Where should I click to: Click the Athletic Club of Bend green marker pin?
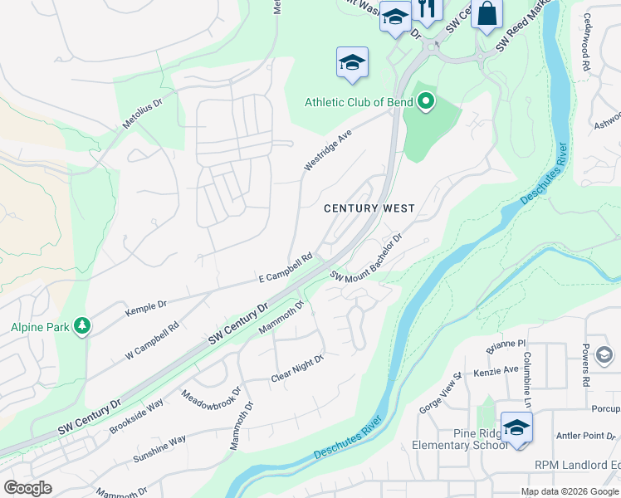coord(426,102)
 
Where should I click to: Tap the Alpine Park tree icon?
coord(81,326)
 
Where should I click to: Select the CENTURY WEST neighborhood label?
coord(369,208)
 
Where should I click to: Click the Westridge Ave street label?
coord(328,150)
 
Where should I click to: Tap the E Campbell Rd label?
coord(285,266)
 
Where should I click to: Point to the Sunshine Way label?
coord(159,449)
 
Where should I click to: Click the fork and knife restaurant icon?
coord(427,10)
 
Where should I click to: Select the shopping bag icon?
coord(487,13)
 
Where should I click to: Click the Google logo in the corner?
coord(27,488)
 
